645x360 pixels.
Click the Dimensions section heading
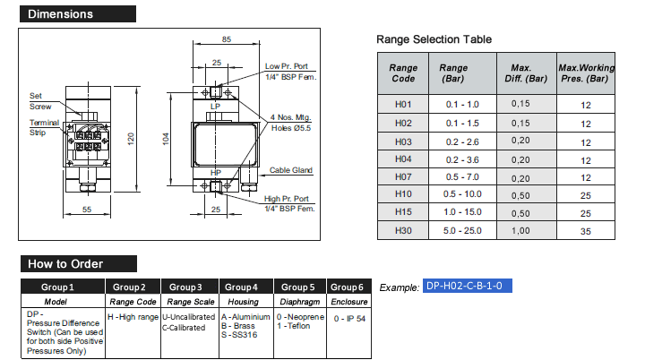[x=61, y=14]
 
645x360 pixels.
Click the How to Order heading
[x=65, y=264]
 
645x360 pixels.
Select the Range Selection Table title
[x=434, y=39]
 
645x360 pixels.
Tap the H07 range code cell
[x=403, y=178]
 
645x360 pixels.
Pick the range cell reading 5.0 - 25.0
[x=462, y=231]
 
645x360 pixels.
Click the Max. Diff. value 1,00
[x=520, y=231]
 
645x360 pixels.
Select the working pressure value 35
[x=586, y=231]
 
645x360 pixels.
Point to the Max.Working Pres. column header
[x=586, y=73]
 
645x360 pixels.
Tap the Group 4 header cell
[x=242, y=287]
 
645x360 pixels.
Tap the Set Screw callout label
[x=39, y=99]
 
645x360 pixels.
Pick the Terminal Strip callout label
[x=44, y=127]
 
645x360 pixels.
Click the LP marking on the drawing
[x=215, y=107]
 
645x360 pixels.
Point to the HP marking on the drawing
[x=215, y=172]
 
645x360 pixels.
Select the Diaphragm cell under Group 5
[x=298, y=302]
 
